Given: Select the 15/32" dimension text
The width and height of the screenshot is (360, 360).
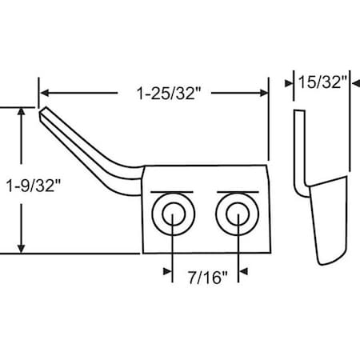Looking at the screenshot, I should (322, 82).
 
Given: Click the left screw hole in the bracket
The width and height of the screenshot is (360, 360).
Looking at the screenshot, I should (173, 214).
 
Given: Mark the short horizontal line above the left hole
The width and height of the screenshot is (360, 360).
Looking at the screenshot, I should (171, 192).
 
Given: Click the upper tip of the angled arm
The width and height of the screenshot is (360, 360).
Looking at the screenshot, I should (42, 112).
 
